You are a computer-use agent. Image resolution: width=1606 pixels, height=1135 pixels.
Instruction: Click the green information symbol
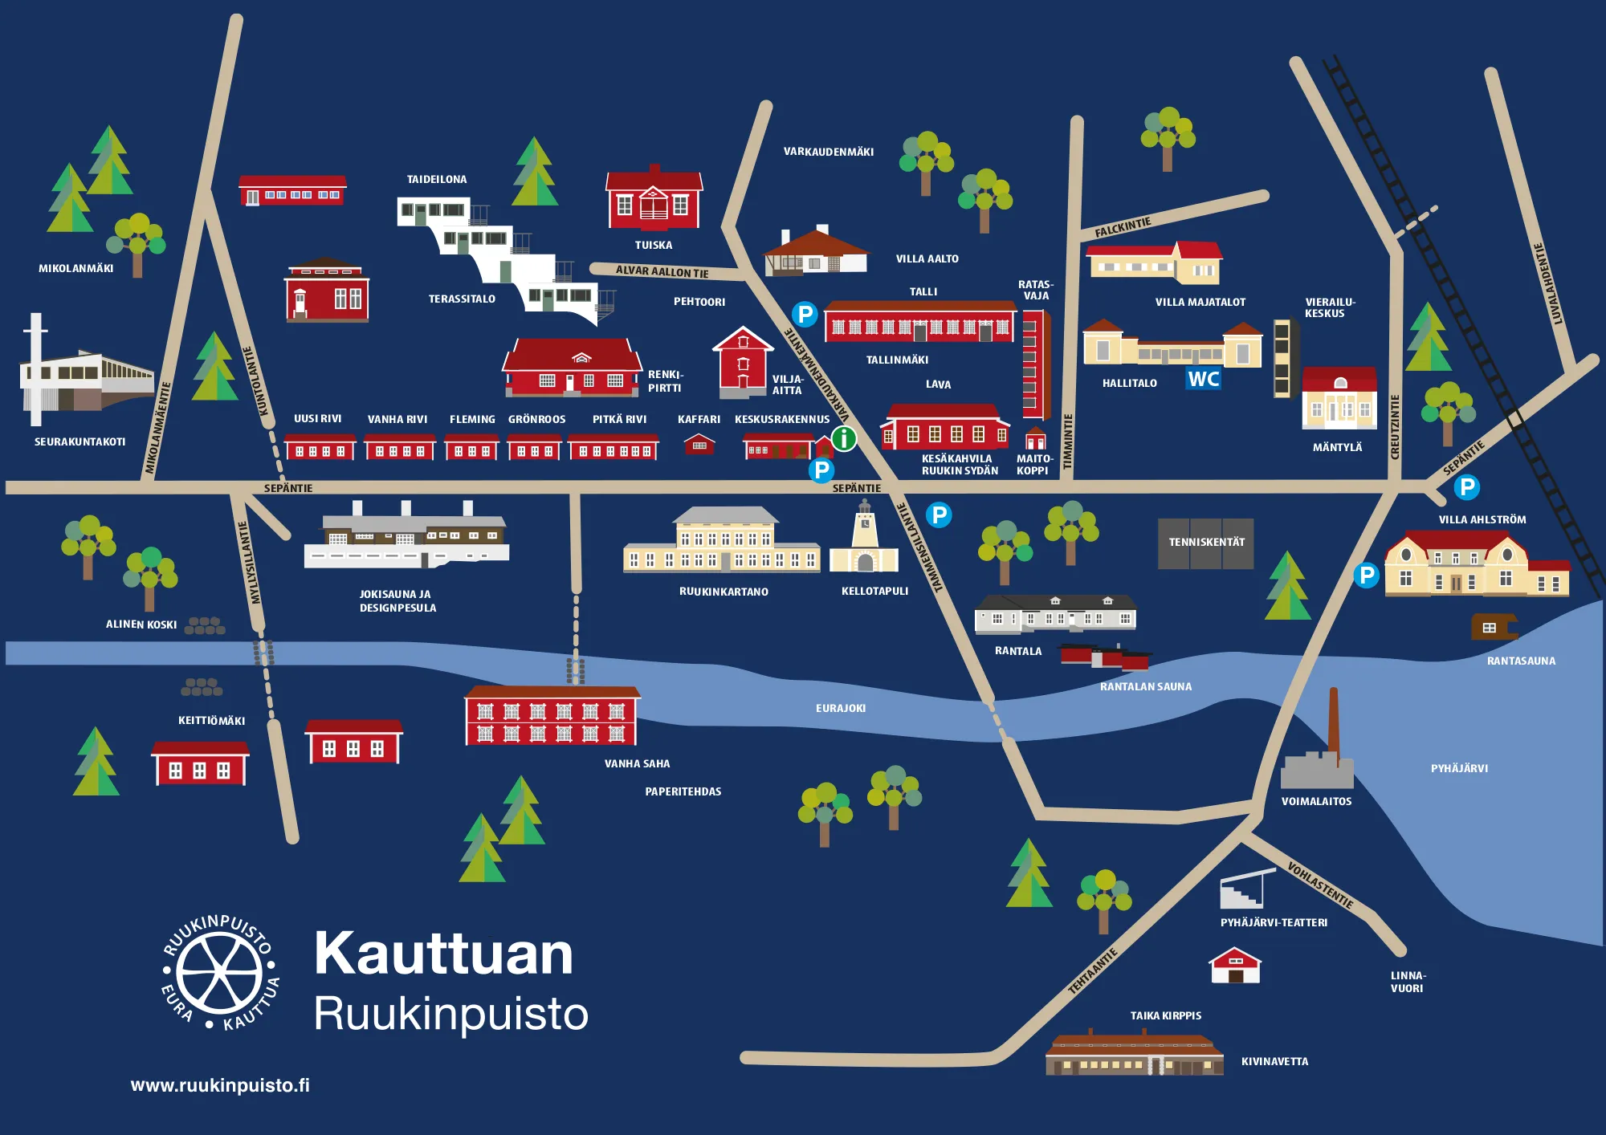844,438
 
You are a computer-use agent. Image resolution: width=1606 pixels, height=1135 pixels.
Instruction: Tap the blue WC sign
1204,379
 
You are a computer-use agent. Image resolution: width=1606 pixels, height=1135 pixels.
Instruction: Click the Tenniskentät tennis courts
1205,543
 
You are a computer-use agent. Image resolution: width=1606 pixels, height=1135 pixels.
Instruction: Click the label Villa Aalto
927,258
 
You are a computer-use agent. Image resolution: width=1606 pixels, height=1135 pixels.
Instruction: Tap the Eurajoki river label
840,708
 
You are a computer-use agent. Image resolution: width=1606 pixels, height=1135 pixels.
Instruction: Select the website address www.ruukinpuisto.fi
220,1085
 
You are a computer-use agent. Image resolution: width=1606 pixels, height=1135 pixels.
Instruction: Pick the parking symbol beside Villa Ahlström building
1366,575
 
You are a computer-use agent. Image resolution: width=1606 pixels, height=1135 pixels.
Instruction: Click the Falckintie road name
1123,227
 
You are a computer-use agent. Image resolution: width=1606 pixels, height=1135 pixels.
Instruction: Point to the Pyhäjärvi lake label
1459,768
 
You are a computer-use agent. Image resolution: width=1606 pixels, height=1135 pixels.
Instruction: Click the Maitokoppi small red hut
1036,439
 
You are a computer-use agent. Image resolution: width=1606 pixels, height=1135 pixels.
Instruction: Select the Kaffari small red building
699,444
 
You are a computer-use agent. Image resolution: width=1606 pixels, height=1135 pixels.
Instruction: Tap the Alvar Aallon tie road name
662,271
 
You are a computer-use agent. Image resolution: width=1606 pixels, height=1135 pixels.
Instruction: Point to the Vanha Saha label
637,763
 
